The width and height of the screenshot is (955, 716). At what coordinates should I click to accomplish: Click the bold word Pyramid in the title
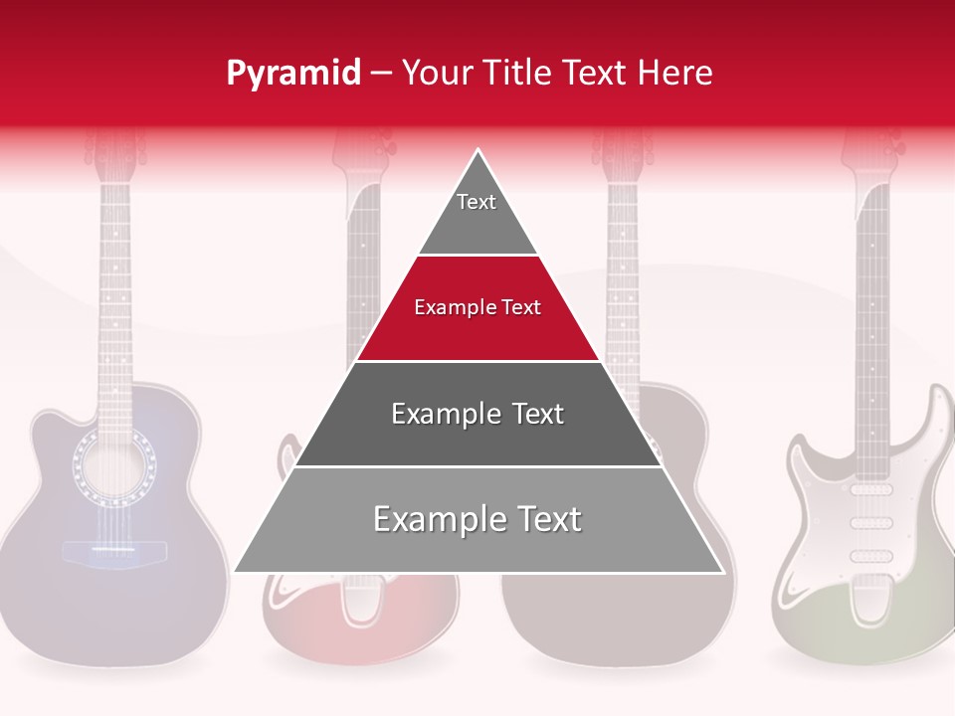(292, 74)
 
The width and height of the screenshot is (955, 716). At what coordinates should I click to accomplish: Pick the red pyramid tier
(477, 323)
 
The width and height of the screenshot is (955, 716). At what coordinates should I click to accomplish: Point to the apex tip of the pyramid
(478, 152)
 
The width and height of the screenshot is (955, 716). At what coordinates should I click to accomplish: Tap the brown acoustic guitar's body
(617, 617)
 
